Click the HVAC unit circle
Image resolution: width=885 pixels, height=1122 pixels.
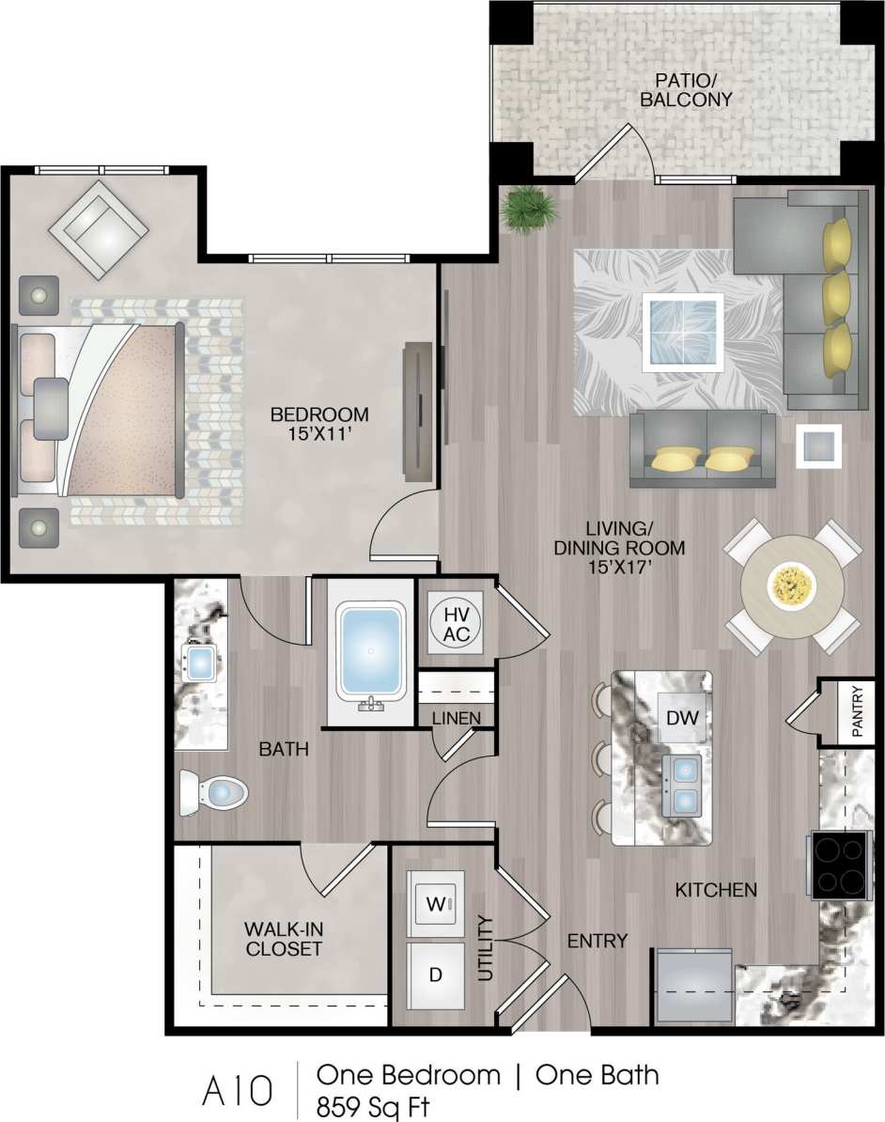coord(456,622)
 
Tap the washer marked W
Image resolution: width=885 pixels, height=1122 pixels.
coord(435,903)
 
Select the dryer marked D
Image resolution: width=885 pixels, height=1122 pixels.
coord(435,974)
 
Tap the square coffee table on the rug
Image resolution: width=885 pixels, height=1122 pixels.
coord(683,333)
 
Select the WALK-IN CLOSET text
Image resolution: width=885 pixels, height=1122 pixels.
coord(283,938)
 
